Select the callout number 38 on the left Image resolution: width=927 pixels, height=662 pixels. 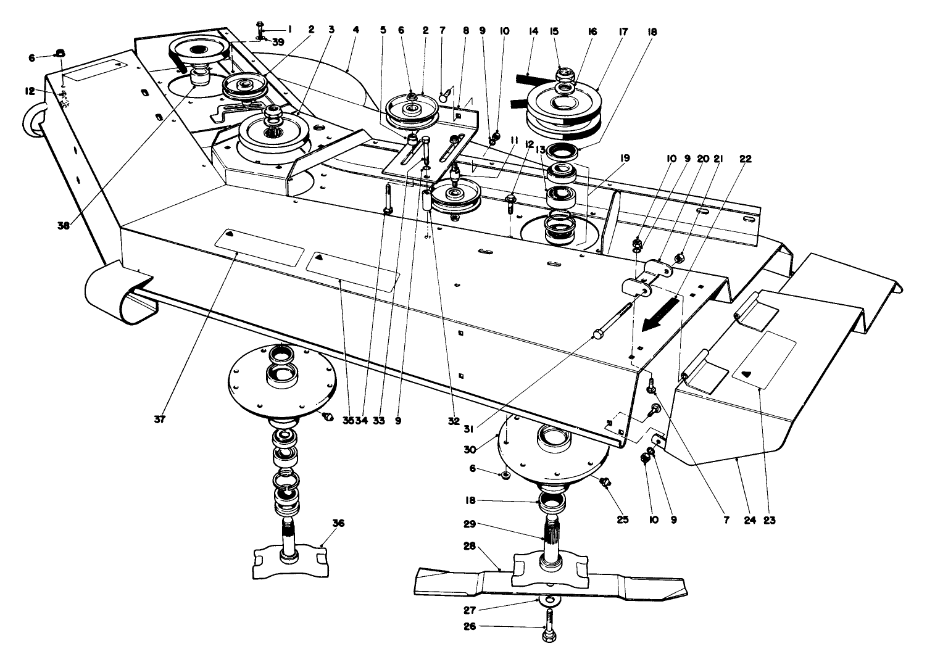(64, 226)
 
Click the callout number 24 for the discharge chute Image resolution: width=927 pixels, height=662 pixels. (749, 519)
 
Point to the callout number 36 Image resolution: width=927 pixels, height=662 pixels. (339, 523)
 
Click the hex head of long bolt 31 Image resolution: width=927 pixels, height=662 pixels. (596, 334)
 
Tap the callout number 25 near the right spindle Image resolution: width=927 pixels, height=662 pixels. (623, 519)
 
